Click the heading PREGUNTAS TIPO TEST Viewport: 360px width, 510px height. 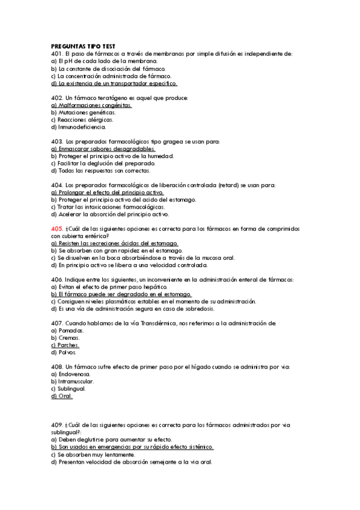[x=84, y=46]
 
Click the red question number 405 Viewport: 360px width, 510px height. [x=57, y=229]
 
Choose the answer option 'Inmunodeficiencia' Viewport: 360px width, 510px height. [x=82, y=127]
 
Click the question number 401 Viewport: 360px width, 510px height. [x=57, y=54]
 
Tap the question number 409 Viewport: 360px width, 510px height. [x=57, y=425]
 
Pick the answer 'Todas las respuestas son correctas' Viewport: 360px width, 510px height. [x=103, y=171]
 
